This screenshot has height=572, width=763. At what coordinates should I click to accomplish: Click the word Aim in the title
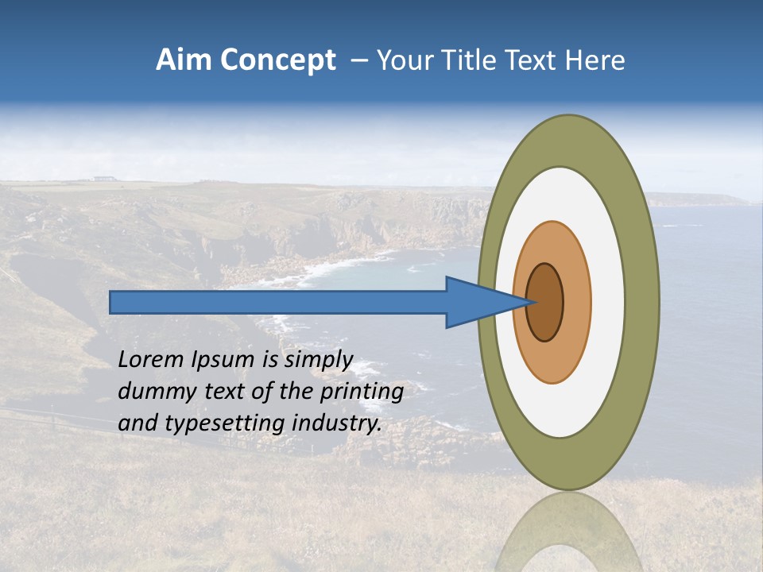[x=183, y=60]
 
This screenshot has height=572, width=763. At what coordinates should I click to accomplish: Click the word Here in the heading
[x=597, y=60]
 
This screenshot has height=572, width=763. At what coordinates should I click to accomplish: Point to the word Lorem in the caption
[x=151, y=360]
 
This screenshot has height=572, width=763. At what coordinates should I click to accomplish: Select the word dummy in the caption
[x=154, y=392]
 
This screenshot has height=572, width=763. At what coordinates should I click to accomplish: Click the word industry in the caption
[x=333, y=423]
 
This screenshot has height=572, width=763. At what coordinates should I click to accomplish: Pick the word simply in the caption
[x=318, y=360]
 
